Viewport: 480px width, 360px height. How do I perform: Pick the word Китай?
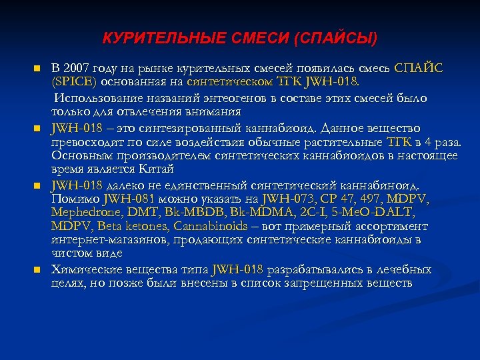(x=167, y=169)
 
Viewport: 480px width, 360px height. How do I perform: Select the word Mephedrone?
(x=82, y=212)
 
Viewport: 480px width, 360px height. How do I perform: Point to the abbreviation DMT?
(x=135, y=212)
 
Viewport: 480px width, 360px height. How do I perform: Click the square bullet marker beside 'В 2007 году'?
(x=39, y=69)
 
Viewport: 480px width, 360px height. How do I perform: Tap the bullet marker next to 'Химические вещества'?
(x=39, y=270)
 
